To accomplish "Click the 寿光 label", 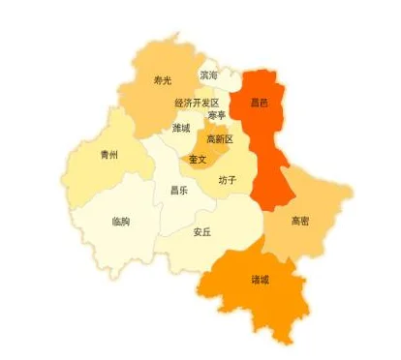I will pos(163,81).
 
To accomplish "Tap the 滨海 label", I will pos(208,75).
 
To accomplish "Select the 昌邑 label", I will pos(260,101).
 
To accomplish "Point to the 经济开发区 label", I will pos(197,103).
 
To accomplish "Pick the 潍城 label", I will pos(181,127).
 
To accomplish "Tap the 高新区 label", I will pos(220,139).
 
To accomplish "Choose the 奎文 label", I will pos(198,159).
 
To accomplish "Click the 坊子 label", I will pos(228,179).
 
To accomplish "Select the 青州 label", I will pos(109,154).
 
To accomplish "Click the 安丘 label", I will pos(201,231).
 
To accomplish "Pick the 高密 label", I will pos(301,221).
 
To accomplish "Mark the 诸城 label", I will pos(260,280).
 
